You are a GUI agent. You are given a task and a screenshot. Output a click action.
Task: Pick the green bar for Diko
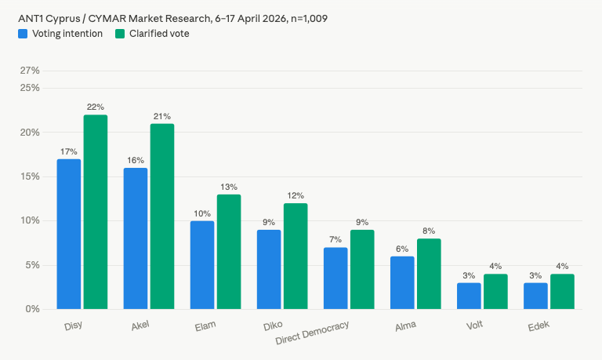[x=296, y=256]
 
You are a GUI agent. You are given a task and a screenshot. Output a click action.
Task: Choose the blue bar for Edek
[x=535, y=296]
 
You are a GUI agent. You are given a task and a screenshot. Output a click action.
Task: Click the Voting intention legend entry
[x=60, y=34]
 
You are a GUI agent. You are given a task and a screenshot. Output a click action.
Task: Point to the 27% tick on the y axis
[x=30, y=71]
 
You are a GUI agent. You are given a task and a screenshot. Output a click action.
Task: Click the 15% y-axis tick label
[x=30, y=176]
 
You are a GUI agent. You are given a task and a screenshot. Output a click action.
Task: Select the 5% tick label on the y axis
[x=32, y=265]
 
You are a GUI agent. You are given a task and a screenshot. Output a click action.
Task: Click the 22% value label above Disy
[x=96, y=107]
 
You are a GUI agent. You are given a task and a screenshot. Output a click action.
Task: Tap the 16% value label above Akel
[x=136, y=160]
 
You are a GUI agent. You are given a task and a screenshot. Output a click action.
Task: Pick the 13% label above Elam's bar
[x=229, y=187]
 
